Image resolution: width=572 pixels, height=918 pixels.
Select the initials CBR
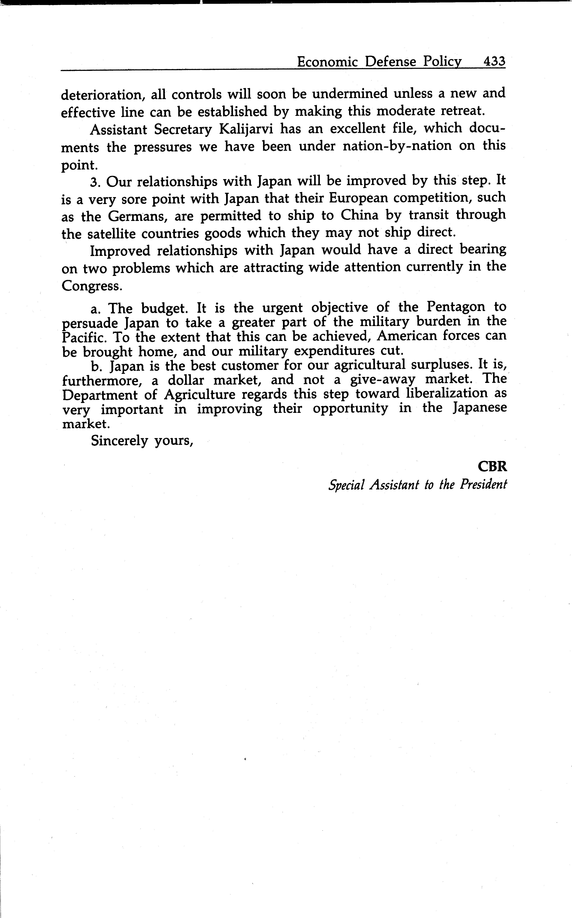(492, 466)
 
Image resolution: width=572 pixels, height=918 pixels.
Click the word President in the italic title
(483, 485)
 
